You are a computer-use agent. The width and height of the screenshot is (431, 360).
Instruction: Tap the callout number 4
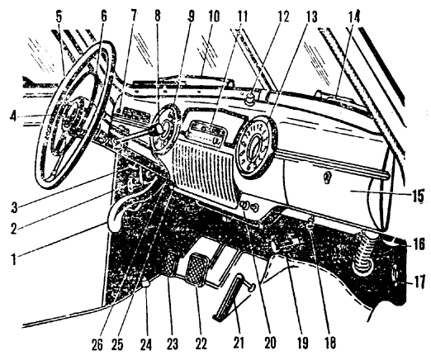(x=13, y=117)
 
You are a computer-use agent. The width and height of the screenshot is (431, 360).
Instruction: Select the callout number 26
(x=97, y=343)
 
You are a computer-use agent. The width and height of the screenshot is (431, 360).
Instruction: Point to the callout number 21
(x=239, y=342)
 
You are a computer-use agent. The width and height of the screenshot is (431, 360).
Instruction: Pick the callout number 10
(x=214, y=17)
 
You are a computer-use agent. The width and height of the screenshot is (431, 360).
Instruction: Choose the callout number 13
(x=310, y=17)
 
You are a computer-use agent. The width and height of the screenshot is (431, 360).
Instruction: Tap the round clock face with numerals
(x=254, y=147)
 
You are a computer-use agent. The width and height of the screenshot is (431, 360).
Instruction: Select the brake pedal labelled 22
(x=196, y=270)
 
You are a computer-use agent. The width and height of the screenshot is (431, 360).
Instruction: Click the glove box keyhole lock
(x=328, y=176)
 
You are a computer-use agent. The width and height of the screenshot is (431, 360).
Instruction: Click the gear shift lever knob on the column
(x=159, y=129)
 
